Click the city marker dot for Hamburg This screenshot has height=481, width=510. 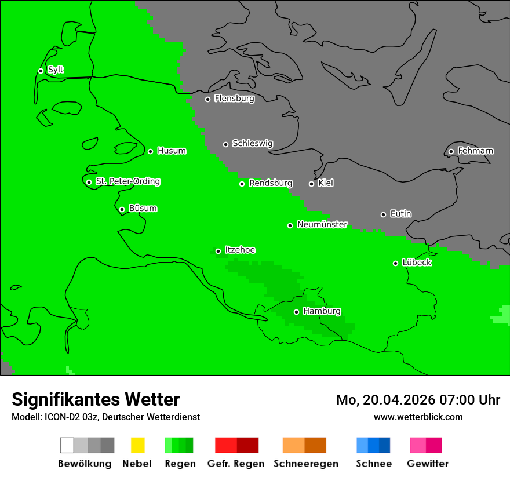pyautogui.click(x=296, y=312)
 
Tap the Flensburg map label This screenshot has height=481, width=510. pyautogui.click(x=234, y=99)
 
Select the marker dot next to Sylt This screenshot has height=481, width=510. pyautogui.click(x=41, y=71)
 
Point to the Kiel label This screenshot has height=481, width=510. pyautogui.click(x=326, y=183)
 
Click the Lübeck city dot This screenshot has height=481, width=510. pyautogui.click(x=395, y=263)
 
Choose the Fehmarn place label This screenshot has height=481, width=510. pyautogui.click(x=475, y=151)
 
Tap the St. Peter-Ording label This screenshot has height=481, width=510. pyautogui.click(x=128, y=181)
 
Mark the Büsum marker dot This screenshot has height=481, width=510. pyautogui.click(x=122, y=209)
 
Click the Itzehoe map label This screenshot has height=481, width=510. pyautogui.click(x=240, y=250)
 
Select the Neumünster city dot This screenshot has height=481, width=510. pyautogui.click(x=290, y=225)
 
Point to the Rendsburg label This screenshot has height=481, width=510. pyautogui.click(x=271, y=183)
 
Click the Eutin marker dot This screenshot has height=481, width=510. pyautogui.click(x=383, y=214)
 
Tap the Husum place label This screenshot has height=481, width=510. pyautogui.click(x=172, y=151)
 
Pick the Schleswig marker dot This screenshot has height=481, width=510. pyautogui.click(x=225, y=144)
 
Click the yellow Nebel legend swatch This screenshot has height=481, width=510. pyautogui.click(x=137, y=445)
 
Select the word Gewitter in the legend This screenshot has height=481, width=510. pyautogui.click(x=428, y=464)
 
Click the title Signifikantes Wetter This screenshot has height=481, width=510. pyautogui.click(x=96, y=399)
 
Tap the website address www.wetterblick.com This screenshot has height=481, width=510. pyautogui.click(x=418, y=417)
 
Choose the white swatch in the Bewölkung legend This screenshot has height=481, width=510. pyautogui.click(x=67, y=445)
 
